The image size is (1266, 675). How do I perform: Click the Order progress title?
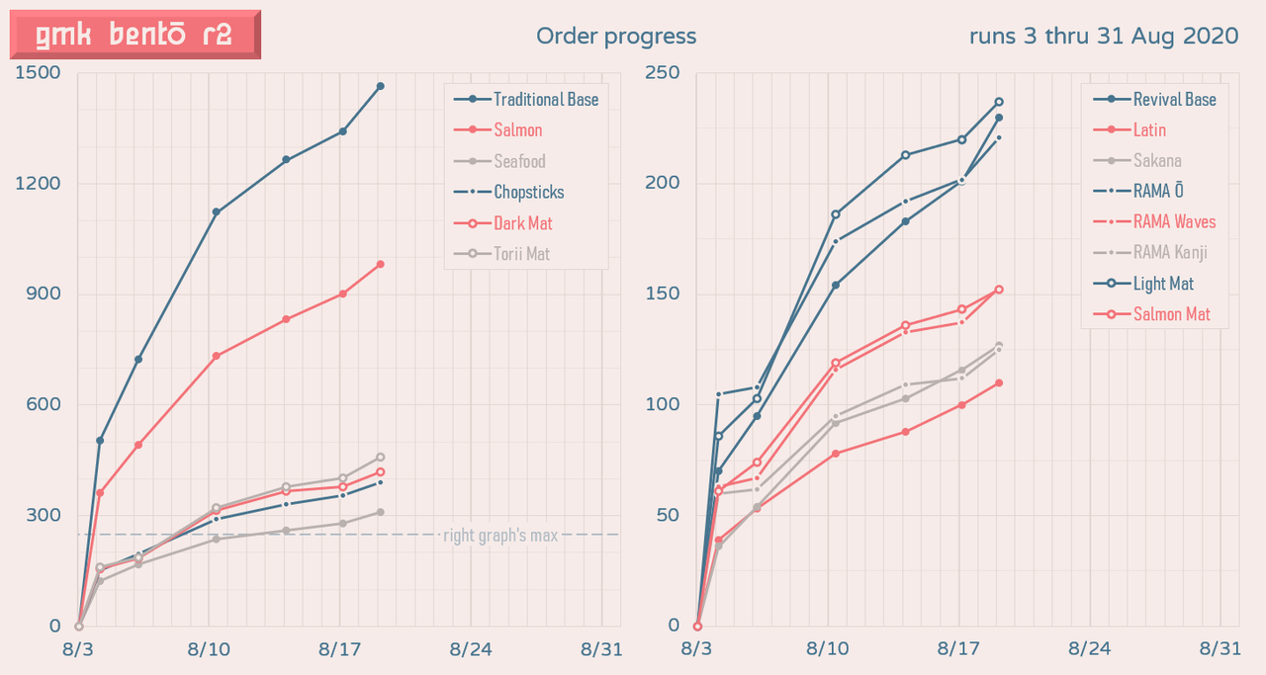(616, 37)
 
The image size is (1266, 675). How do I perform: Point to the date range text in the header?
(1103, 37)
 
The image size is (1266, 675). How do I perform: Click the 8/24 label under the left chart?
(471, 648)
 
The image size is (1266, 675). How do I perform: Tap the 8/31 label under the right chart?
(1220, 648)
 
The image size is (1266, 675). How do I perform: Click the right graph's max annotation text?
(500, 536)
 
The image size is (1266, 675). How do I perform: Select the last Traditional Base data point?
(381, 87)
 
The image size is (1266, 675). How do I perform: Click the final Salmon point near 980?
(381, 264)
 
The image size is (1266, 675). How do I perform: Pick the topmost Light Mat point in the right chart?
(999, 102)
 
